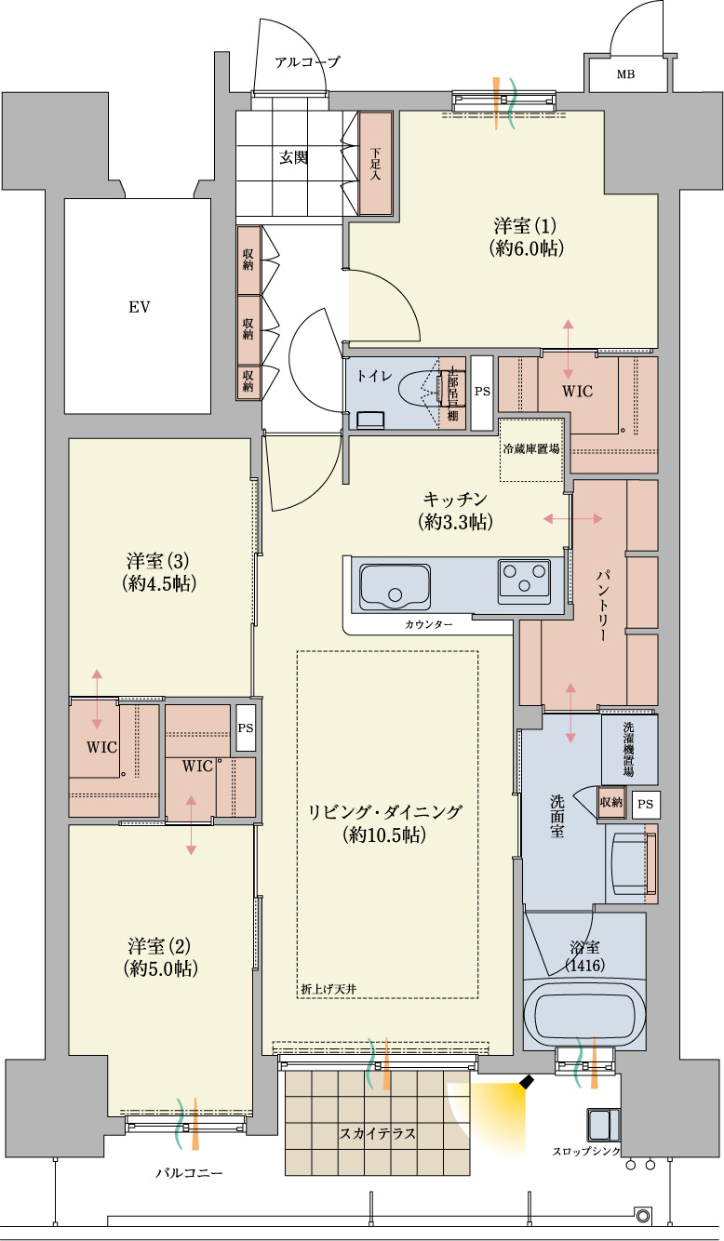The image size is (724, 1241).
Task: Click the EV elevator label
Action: tap(140, 307)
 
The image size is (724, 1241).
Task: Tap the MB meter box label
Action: tap(626, 74)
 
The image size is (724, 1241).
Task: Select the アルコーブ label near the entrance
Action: tap(306, 62)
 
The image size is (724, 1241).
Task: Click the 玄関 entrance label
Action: tap(293, 158)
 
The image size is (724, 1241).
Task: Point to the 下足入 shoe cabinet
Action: tap(376, 164)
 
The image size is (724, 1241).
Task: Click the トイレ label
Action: tap(374, 376)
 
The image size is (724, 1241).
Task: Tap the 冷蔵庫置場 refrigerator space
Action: tap(531, 449)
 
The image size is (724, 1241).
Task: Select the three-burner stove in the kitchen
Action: tap(525, 581)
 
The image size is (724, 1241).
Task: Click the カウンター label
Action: tap(428, 625)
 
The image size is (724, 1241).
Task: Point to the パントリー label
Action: tap(603, 605)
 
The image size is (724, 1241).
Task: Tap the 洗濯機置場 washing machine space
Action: tap(630, 749)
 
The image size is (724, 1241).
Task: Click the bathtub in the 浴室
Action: tap(584, 1013)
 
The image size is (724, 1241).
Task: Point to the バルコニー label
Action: tap(189, 1173)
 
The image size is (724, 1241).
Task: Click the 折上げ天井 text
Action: tap(328, 988)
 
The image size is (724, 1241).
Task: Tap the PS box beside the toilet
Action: tap(482, 393)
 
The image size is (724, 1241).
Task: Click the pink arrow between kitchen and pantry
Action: tap(572, 518)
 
